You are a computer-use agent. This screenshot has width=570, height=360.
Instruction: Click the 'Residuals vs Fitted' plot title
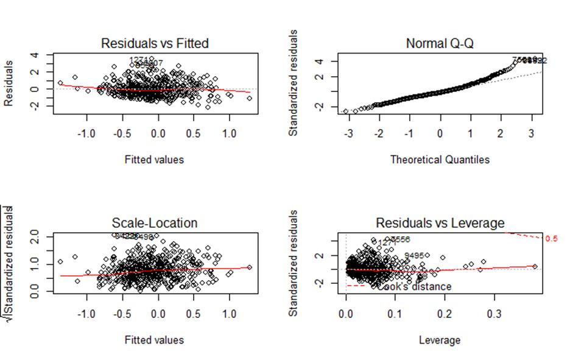coord(155,43)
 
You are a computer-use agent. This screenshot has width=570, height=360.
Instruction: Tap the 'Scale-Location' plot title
coord(155,223)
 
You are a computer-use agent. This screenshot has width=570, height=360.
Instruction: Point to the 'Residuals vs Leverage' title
coord(440,223)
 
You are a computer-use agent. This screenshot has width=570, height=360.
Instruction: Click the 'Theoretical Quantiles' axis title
coord(440,160)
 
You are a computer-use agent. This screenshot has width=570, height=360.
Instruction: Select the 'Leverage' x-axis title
coord(440,339)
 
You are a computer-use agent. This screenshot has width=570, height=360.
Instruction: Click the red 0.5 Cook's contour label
coord(551,239)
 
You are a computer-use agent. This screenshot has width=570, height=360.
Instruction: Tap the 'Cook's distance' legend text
coord(414,286)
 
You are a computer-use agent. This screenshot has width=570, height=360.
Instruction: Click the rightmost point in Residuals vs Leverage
coord(535,266)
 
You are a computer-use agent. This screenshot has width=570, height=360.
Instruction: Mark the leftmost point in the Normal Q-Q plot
coord(346,111)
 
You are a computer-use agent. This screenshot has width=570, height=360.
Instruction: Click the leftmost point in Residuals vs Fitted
coord(60,83)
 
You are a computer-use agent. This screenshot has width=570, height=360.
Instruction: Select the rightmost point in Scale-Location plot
coord(249,267)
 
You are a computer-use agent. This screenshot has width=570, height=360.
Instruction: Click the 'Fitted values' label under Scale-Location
coord(155,339)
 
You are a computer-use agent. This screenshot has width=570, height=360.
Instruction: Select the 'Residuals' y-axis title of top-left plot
coord(9,83)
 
